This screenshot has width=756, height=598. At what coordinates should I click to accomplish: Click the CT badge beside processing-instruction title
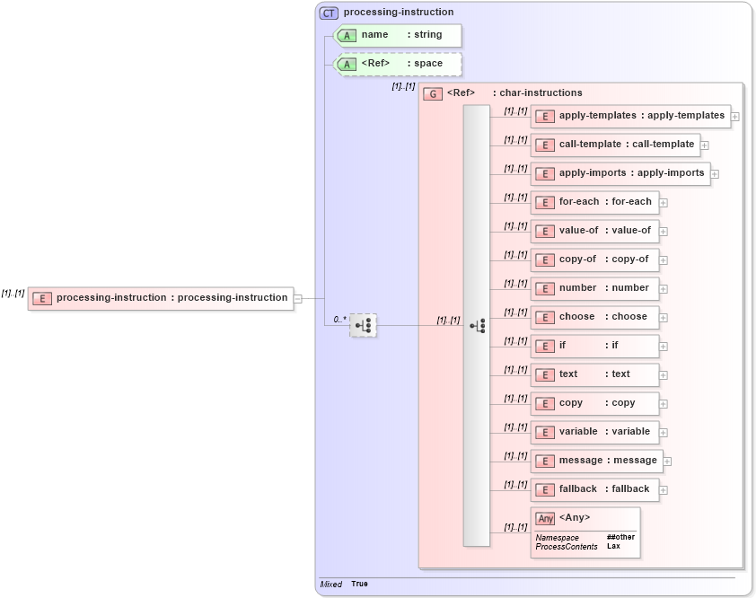point(330,13)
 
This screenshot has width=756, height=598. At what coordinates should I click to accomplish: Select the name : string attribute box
point(399,35)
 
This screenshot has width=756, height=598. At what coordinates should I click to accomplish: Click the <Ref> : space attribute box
point(399,64)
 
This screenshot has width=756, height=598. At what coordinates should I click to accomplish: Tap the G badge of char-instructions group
point(433,93)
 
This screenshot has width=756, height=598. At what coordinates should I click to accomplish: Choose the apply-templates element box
point(630,116)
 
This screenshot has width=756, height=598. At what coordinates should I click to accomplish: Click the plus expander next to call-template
point(705,145)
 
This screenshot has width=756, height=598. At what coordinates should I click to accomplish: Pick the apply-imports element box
point(620,173)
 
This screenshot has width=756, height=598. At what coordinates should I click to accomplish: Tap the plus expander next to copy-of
point(664,260)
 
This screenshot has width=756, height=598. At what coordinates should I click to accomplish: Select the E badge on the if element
point(544,346)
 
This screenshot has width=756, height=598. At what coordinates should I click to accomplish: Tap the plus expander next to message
point(667,462)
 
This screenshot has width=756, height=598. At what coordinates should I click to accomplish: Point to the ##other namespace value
point(620,537)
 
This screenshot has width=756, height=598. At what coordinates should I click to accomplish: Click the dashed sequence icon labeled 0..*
point(364,325)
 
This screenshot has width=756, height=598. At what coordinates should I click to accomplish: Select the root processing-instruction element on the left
point(161,298)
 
